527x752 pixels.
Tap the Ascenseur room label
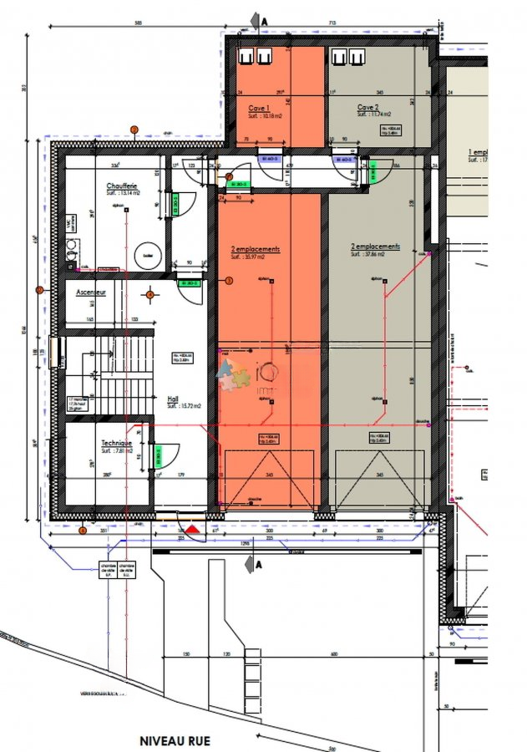(91, 292)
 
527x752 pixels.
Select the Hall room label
(174, 399)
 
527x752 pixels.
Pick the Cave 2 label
(367, 107)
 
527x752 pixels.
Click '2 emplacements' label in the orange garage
(256, 249)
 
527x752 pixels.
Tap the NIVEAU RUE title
(175, 740)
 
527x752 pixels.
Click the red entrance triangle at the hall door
(192, 528)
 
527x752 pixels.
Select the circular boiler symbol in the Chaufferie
(147, 256)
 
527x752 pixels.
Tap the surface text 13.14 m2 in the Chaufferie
(123, 193)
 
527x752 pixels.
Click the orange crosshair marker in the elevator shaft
(150, 294)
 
